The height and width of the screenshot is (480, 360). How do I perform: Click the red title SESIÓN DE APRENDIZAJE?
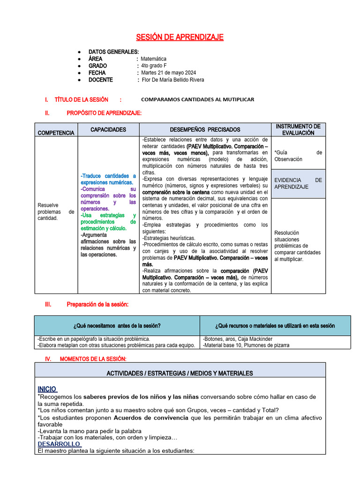180,37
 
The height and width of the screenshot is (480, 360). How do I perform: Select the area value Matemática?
153,59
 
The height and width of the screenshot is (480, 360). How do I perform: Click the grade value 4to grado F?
154,66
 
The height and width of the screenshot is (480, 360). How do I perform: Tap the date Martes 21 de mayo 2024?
169,73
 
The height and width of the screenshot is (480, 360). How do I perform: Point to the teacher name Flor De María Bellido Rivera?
172,80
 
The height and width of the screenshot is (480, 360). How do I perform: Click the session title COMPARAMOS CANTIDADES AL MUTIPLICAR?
197,100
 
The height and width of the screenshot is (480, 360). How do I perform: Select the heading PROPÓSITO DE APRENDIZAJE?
104,113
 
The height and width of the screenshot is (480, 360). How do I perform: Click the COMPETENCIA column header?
56,133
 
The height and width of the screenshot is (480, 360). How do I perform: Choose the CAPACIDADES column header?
108,129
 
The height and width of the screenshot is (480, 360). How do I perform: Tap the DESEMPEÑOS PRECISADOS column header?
205,130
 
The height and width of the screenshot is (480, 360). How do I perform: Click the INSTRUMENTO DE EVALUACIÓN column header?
298,130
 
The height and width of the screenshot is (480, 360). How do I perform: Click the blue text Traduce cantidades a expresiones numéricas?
108,179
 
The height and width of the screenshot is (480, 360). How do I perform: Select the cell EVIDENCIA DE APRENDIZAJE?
298,183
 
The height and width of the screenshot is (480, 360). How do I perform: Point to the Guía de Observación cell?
298,156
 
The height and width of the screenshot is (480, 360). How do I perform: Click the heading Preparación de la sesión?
97,305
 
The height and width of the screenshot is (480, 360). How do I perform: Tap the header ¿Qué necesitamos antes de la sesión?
117,326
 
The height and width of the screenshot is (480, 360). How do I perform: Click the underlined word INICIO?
47,389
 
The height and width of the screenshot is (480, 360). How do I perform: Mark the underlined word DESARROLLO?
59,444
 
